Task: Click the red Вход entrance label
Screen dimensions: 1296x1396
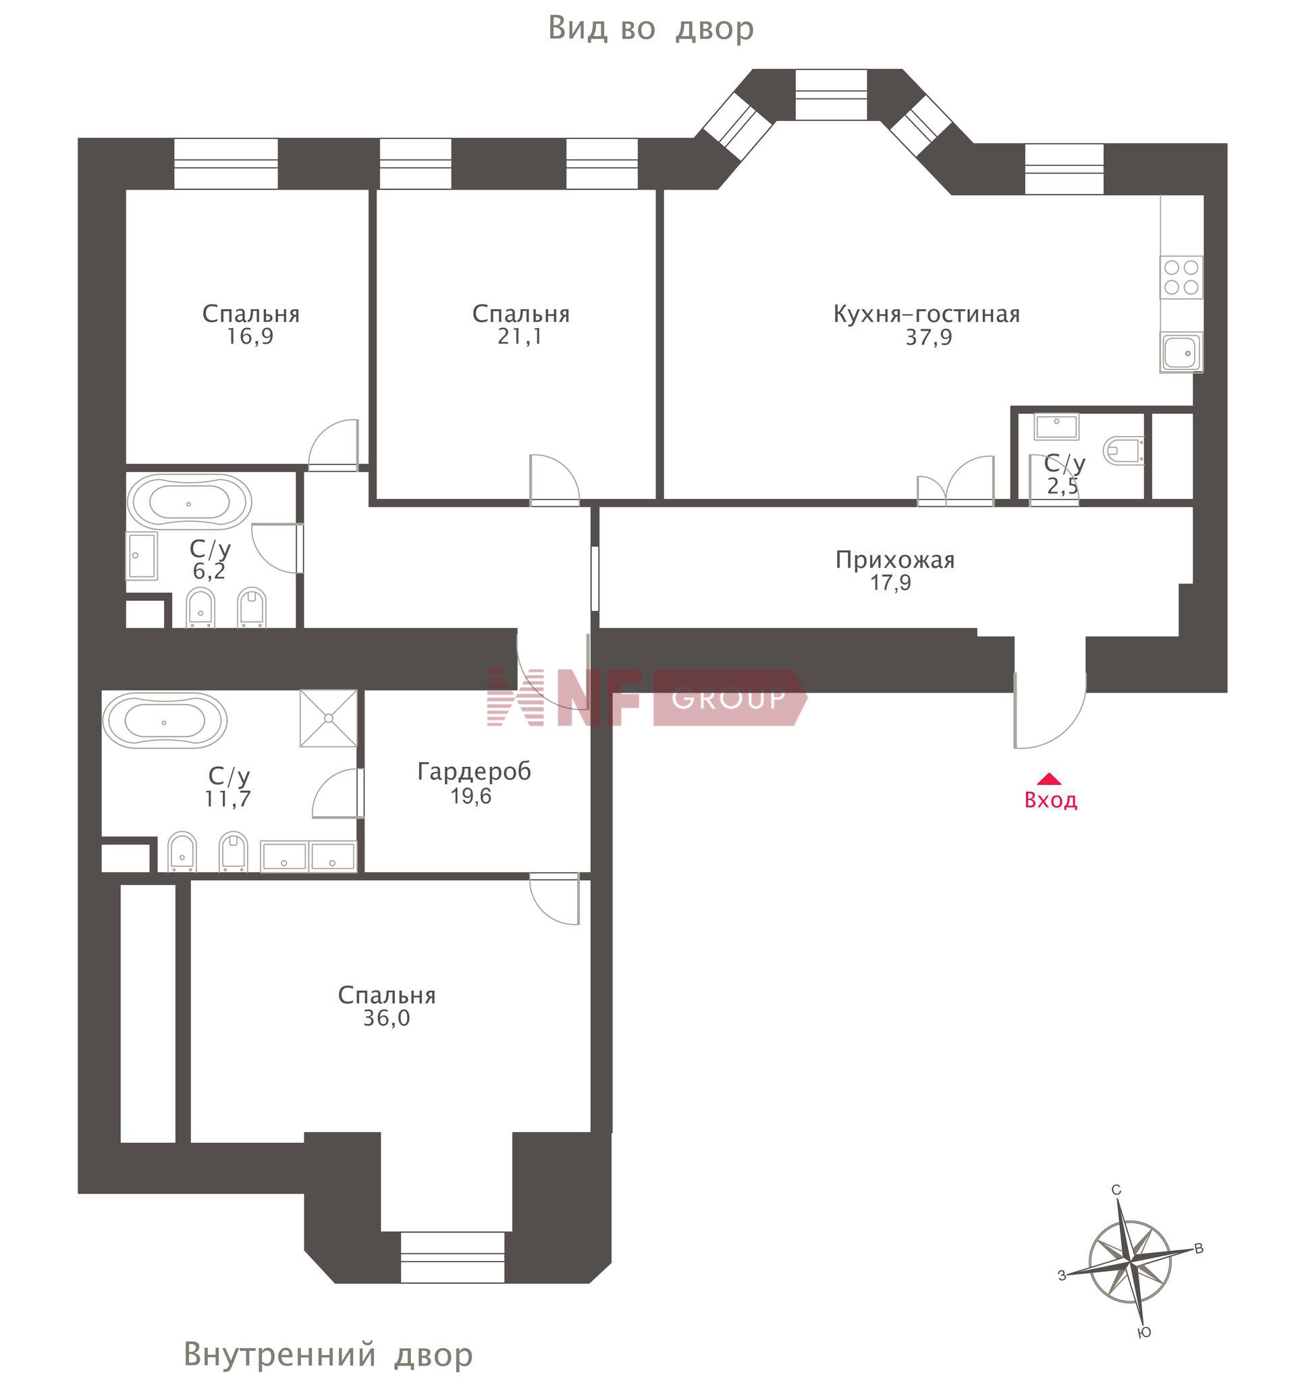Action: pos(1050,801)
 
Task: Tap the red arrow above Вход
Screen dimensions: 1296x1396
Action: pos(1049,779)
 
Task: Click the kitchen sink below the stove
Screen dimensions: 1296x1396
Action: pos(1182,352)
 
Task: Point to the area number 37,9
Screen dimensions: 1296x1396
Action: pos(929,338)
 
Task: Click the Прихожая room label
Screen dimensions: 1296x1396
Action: pos(895,560)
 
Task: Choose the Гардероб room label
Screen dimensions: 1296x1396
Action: pos(474,772)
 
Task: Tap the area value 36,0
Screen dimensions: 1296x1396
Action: pos(386,1019)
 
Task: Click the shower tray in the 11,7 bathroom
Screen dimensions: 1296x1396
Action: pos(329,718)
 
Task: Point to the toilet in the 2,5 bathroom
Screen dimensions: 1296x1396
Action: pos(1123,450)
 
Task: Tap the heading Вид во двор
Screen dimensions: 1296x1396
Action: pos(651,29)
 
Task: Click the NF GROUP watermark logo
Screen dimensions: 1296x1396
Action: pos(647,697)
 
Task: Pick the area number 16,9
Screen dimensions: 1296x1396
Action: pos(250,338)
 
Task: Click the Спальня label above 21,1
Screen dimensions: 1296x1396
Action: pos(520,314)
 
